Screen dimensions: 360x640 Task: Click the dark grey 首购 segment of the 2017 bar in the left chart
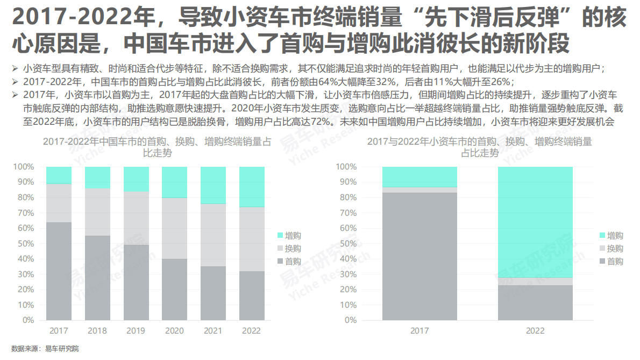coord(59,271)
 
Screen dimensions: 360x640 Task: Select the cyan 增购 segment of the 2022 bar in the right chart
coord(535,222)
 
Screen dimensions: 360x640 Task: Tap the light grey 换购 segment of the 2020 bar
coord(174,228)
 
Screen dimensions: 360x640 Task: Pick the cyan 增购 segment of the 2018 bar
coord(97,177)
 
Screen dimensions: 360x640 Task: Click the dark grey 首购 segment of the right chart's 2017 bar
coord(419,256)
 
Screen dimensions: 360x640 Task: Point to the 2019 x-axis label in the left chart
coord(136,330)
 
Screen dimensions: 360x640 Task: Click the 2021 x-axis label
coord(213,330)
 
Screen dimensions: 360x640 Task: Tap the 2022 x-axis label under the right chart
coord(535,330)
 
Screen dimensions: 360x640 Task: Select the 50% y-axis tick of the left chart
coord(24,243)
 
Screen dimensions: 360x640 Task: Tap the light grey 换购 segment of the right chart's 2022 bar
coord(535,281)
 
